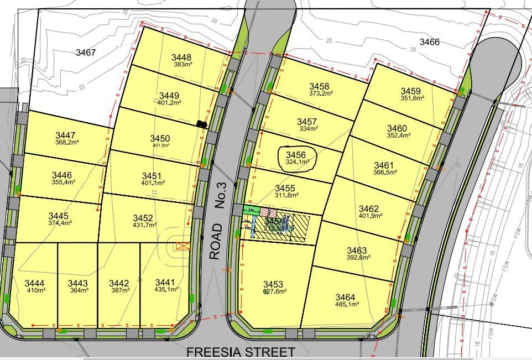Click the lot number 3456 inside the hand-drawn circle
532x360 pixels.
295,155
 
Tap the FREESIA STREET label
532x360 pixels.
240,352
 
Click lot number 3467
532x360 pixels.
86,53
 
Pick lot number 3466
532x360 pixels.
429,42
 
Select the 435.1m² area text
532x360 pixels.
165,289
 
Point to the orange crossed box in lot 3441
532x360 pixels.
182,246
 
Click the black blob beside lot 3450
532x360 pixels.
202,124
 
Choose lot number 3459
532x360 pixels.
410,91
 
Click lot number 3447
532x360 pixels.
65,135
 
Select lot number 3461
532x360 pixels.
384,165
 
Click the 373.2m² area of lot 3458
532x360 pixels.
320,93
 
